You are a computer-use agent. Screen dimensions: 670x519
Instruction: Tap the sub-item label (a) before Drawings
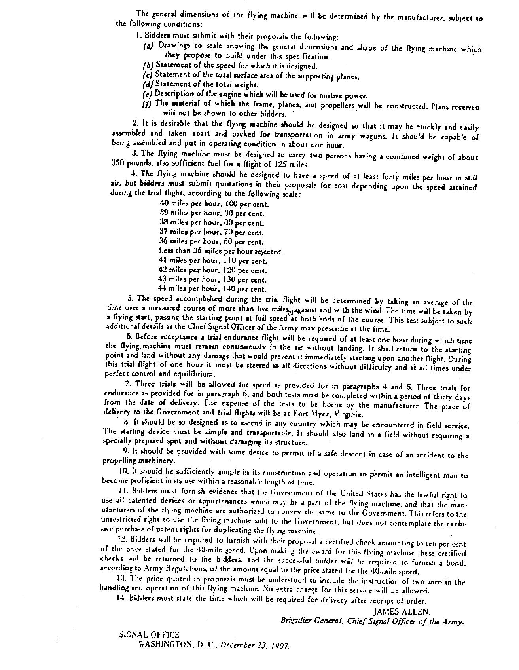pyautogui.click(x=148, y=46)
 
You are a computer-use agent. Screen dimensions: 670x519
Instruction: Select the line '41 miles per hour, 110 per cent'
pyautogui.click(x=213, y=261)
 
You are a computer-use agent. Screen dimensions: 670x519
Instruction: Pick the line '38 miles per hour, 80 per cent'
pyautogui.click(x=212, y=223)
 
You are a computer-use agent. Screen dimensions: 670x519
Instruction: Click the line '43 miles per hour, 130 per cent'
pyautogui.click(x=213, y=280)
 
